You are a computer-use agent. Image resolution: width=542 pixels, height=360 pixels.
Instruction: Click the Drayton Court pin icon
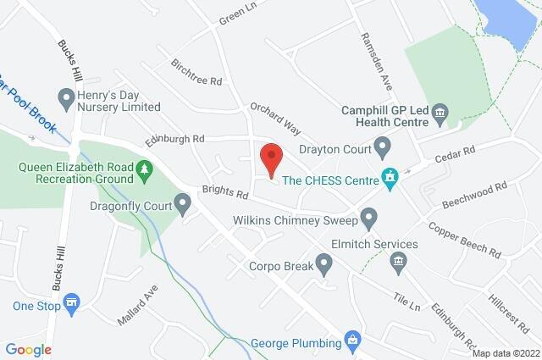382,149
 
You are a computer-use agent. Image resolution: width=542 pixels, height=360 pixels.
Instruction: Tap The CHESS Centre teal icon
390,178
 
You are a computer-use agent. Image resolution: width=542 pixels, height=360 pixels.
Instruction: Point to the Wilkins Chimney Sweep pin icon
368,220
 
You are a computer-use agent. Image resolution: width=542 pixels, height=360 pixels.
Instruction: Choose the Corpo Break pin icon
325,266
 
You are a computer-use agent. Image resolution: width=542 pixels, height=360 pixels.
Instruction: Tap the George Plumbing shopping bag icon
354,342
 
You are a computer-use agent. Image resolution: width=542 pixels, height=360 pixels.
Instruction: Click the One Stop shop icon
72,305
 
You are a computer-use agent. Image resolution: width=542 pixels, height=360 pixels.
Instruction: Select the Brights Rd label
224,193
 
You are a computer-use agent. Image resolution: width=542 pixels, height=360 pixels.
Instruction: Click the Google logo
29,349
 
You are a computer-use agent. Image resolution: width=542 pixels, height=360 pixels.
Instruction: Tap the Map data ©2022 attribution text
505,353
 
